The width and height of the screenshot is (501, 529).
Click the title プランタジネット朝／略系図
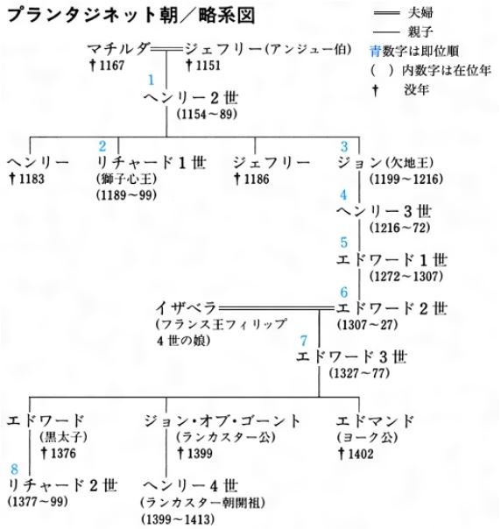[x=131, y=16]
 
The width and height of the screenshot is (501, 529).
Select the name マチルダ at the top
[x=117, y=49]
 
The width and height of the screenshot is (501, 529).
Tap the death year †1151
[x=203, y=65]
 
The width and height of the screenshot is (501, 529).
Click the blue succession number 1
[x=152, y=80]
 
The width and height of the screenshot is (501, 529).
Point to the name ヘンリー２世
[x=191, y=98]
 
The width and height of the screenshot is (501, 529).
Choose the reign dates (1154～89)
[x=208, y=115]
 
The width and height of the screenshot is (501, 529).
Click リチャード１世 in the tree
[x=152, y=163]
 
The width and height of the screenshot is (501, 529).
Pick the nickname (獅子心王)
[x=126, y=179]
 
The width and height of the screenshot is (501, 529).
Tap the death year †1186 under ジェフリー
[x=251, y=179]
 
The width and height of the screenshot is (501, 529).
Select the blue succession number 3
[x=344, y=146]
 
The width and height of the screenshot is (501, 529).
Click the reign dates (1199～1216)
[x=406, y=179]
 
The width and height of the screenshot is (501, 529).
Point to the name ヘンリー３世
[x=384, y=212]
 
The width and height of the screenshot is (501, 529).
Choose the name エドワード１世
[x=392, y=260]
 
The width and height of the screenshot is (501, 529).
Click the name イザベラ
[x=186, y=308]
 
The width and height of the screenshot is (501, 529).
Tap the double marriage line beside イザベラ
[x=276, y=308]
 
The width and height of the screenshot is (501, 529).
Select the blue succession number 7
[x=304, y=341]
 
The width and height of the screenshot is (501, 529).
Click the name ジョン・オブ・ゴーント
[x=222, y=421]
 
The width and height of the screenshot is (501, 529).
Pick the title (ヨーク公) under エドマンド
[x=367, y=438]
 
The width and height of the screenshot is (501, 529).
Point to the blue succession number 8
[x=15, y=469]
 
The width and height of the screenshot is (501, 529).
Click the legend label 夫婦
[x=420, y=13]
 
